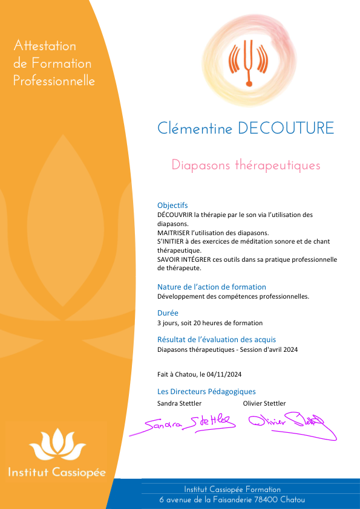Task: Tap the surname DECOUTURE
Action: tap(286, 128)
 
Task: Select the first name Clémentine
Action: tap(195, 128)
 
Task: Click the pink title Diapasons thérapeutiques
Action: tap(246, 165)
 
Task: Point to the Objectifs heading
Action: tap(172, 205)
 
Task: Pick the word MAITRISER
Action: tap(174, 232)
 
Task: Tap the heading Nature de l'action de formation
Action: tap(212, 287)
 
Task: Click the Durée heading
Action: tap(168, 313)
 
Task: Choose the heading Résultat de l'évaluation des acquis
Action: tap(217, 339)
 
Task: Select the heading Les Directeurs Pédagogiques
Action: tap(206, 391)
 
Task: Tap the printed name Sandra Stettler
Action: tap(180, 403)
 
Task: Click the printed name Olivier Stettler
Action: tap(264, 403)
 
